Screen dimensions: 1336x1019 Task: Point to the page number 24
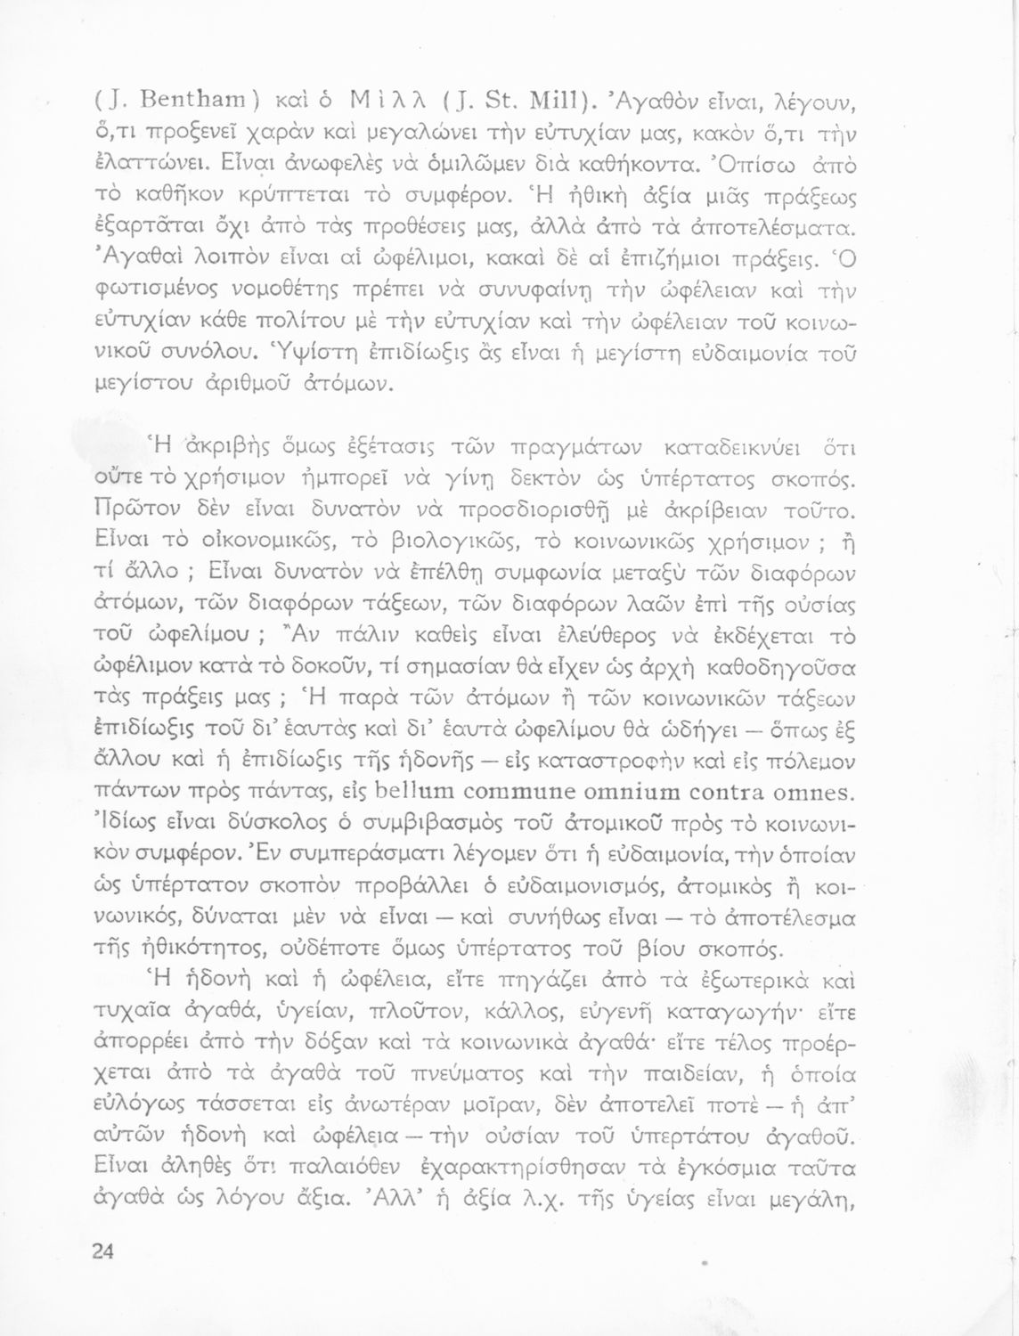point(102,1250)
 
